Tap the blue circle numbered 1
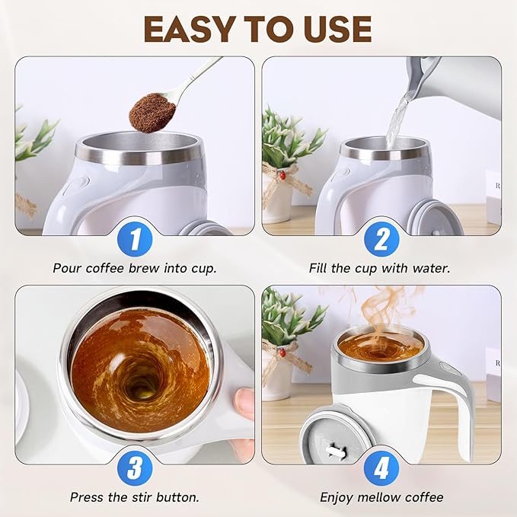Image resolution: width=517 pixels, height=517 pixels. pyautogui.click(x=135, y=241)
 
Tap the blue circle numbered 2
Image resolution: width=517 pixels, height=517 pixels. pyautogui.click(x=381, y=241)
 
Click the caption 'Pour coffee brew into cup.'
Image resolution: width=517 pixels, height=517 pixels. pyautogui.click(x=134, y=268)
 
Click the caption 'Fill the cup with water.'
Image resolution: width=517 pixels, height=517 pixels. pyautogui.click(x=381, y=268)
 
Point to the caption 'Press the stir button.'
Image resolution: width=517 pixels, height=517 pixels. pyautogui.click(x=135, y=497)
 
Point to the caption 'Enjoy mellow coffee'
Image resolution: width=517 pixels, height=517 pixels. pyautogui.click(x=381, y=497)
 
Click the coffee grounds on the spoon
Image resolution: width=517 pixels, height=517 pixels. pyautogui.click(x=152, y=113)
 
